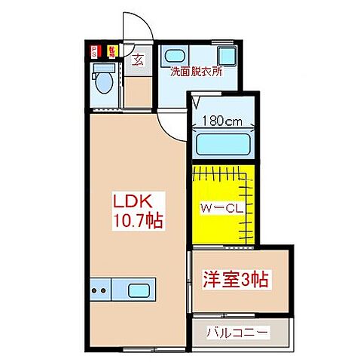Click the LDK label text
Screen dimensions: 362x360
click(x=133, y=202)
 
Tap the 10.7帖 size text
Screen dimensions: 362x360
click(x=139, y=221)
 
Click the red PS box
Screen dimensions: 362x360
click(x=94, y=52)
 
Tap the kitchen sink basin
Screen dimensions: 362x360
click(x=139, y=290)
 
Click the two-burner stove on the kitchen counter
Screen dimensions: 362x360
click(x=99, y=289)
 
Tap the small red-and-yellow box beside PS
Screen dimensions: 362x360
click(x=111, y=51)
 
